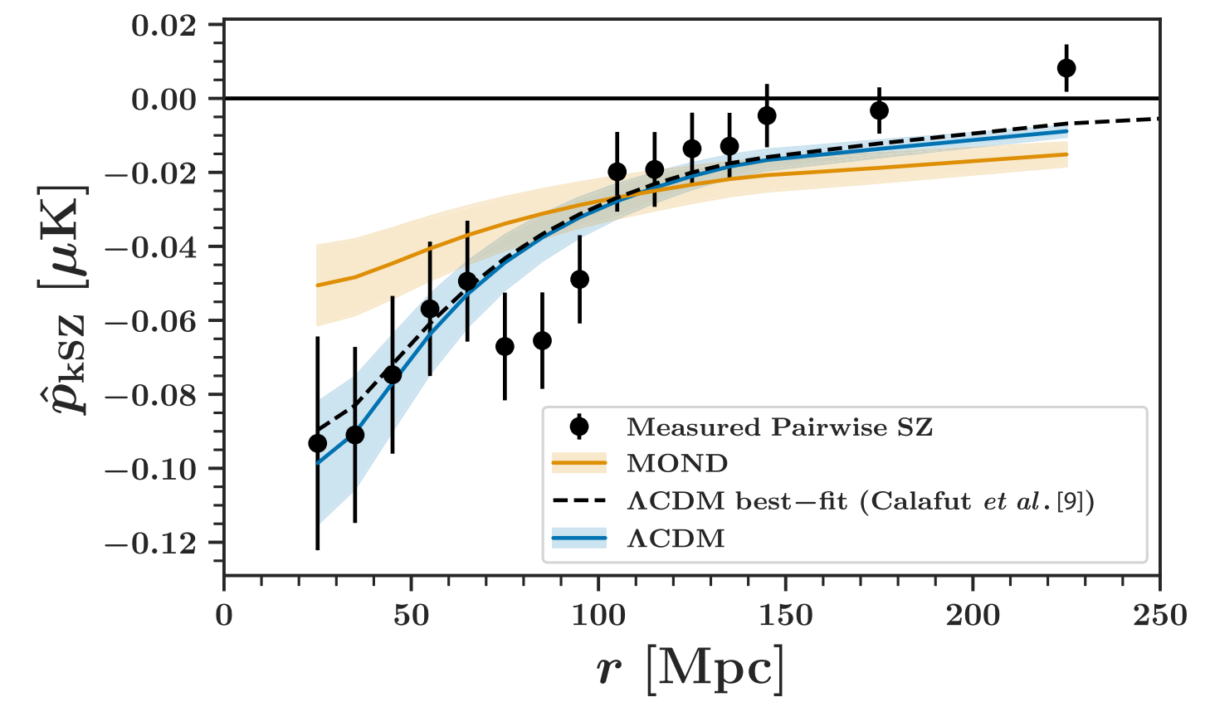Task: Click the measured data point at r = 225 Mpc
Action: click(x=1066, y=68)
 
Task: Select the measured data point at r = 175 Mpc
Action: click(x=879, y=110)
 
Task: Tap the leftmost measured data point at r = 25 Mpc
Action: click(x=317, y=443)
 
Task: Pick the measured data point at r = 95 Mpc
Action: click(x=579, y=279)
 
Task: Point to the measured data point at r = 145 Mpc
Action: click(x=767, y=115)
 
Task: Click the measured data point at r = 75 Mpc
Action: click(x=505, y=346)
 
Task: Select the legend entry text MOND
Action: click(x=677, y=464)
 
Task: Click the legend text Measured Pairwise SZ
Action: click(x=779, y=427)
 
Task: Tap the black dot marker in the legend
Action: click(x=579, y=427)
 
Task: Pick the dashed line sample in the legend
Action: click(x=579, y=502)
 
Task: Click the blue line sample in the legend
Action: click(x=579, y=539)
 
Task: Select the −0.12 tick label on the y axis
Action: click(x=153, y=544)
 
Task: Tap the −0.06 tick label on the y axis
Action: click(x=153, y=321)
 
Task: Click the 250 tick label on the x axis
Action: click(x=1159, y=616)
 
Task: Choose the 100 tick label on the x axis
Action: click(x=598, y=616)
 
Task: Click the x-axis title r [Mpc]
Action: click(x=690, y=668)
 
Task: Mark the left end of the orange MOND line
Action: click(x=318, y=285)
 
